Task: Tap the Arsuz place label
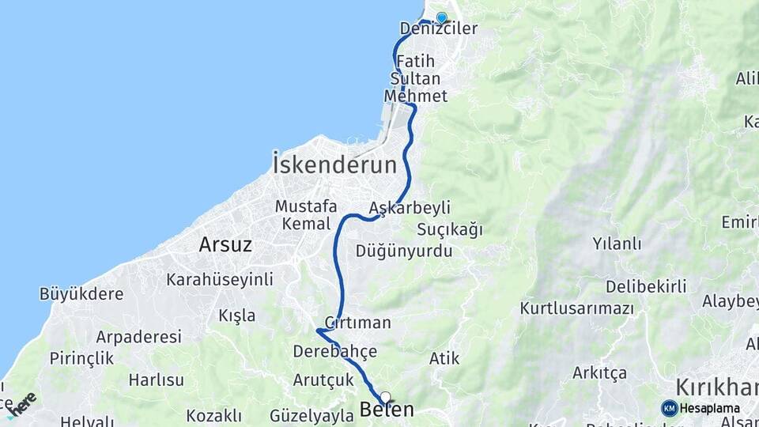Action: click(x=225, y=244)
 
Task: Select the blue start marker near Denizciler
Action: click(x=441, y=17)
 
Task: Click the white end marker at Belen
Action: click(x=385, y=397)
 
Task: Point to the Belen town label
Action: click(x=387, y=410)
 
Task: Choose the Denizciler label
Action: click(x=439, y=29)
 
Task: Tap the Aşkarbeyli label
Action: click(x=410, y=208)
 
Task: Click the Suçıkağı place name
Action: click(x=450, y=230)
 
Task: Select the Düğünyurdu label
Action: click(x=404, y=251)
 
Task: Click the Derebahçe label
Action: click(x=334, y=350)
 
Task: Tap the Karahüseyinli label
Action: click(x=219, y=279)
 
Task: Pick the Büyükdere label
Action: click(x=81, y=294)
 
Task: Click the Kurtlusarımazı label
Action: click(x=577, y=308)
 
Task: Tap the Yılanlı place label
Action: click(x=617, y=244)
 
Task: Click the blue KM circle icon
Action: click(x=670, y=408)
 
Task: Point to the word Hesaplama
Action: click(x=709, y=409)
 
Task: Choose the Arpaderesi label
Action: click(x=138, y=336)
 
